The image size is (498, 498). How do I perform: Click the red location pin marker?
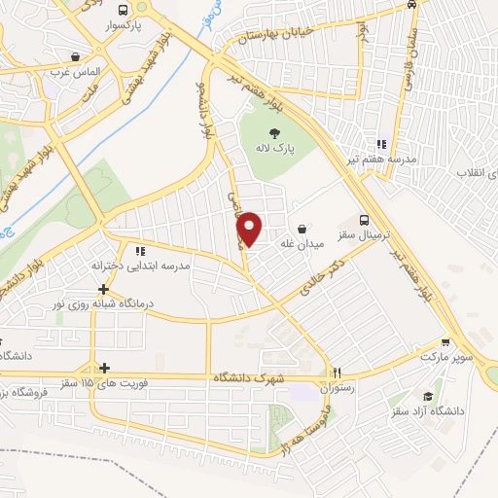(x=250, y=230)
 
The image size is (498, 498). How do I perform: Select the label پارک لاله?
(x=274, y=151)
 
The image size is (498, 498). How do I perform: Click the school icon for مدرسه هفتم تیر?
(x=382, y=143)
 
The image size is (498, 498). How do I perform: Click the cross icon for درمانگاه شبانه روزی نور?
(x=104, y=289)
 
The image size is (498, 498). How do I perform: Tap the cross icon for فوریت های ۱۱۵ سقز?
(x=104, y=367)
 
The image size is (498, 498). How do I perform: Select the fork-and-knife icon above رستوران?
(x=338, y=372)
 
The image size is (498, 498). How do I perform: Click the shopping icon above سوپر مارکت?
(x=445, y=342)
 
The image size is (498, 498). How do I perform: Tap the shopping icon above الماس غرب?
(x=76, y=55)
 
